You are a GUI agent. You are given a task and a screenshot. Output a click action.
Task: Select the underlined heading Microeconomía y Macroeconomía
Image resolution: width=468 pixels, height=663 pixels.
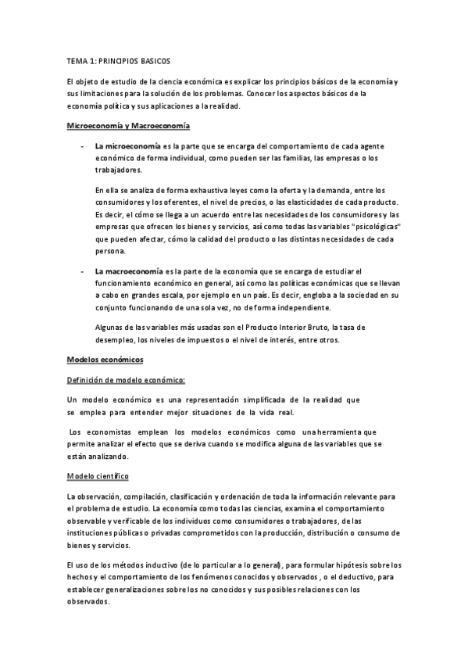pos(128,126)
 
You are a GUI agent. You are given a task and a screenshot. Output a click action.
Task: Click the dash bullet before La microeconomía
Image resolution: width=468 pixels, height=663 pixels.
pos(80,146)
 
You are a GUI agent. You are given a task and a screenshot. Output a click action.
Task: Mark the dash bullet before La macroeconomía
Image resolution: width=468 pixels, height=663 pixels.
pos(80,271)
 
